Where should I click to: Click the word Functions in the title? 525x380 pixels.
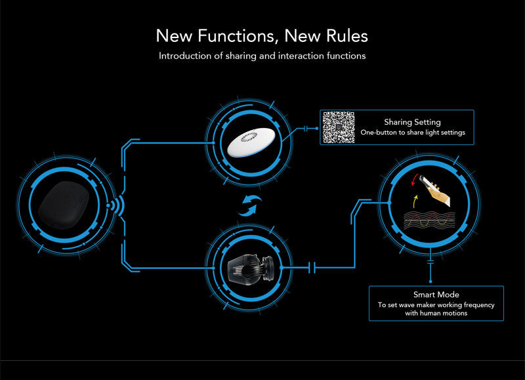(x=238, y=35)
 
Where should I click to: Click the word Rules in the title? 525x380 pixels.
(x=347, y=35)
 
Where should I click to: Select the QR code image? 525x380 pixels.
(x=339, y=127)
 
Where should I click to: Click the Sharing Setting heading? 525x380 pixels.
(x=412, y=122)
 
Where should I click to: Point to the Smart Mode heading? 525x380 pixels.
(x=436, y=295)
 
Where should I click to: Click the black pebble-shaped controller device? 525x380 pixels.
(x=64, y=205)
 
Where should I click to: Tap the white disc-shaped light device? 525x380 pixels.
(x=251, y=142)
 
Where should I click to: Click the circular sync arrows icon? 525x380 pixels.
(x=250, y=206)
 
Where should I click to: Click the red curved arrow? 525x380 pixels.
(x=414, y=180)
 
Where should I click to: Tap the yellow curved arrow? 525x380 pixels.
(x=415, y=201)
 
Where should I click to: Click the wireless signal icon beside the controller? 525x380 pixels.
(x=115, y=205)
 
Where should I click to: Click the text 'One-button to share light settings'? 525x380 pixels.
(x=413, y=133)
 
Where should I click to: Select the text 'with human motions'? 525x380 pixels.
(x=436, y=313)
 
